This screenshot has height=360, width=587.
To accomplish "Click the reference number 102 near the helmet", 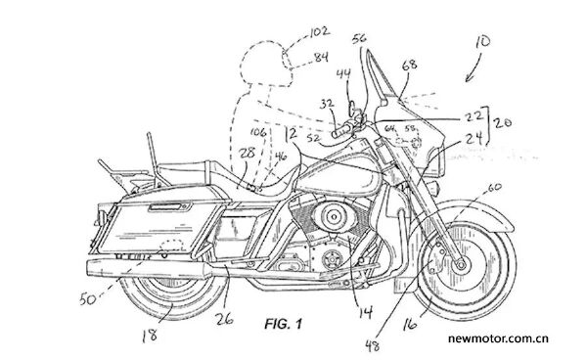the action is pyautogui.click(x=320, y=32).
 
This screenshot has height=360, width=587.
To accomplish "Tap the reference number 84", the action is pyautogui.click(x=321, y=58).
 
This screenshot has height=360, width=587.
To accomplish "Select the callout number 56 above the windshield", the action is pyautogui.click(x=359, y=38).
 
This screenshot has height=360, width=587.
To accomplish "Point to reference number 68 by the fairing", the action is pyautogui.click(x=409, y=65).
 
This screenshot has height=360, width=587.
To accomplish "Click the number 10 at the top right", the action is pyautogui.click(x=482, y=41).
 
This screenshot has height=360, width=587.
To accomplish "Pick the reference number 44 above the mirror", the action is pyautogui.click(x=343, y=73).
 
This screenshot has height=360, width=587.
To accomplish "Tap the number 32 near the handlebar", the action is pyautogui.click(x=327, y=104).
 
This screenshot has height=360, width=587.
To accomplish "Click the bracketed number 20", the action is pyautogui.click(x=503, y=122).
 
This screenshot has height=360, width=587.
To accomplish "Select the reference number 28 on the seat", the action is pyautogui.click(x=248, y=153).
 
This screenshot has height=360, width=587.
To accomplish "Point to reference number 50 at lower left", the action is pyautogui.click(x=88, y=299).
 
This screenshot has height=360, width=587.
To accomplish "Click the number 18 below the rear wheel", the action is pyautogui.click(x=150, y=337).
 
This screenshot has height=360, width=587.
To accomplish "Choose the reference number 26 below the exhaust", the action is pyautogui.click(x=224, y=319).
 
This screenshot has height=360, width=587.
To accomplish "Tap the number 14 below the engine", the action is pyautogui.click(x=365, y=312).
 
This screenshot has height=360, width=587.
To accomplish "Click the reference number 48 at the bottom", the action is pyautogui.click(x=373, y=346).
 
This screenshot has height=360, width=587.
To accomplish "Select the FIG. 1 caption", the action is pyautogui.click(x=283, y=324).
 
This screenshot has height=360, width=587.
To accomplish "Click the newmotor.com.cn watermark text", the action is pyautogui.click(x=498, y=338).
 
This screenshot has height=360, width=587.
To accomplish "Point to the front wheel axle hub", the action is pyautogui.click(x=461, y=264).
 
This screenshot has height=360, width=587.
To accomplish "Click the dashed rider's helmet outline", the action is pyautogui.click(x=266, y=64).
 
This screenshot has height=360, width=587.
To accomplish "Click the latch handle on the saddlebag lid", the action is pyautogui.click(x=170, y=206).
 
